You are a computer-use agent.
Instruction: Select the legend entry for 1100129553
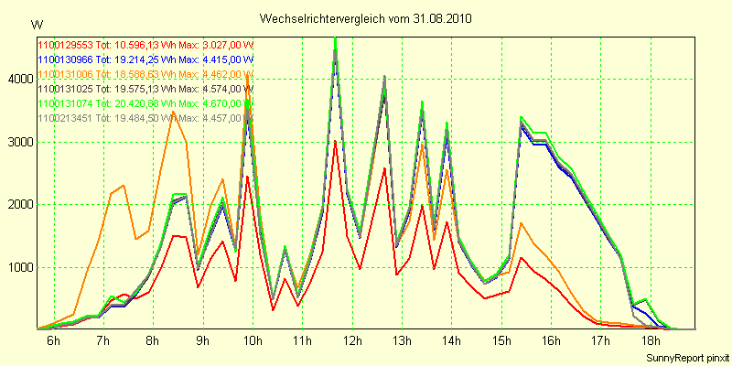[145, 43]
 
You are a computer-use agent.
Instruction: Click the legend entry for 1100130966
[145, 59]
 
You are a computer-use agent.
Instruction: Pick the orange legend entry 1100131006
[145, 73]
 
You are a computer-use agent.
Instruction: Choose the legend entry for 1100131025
[145, 89]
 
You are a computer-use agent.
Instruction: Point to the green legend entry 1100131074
[145, 103]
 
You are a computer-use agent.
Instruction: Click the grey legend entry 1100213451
[145, 118]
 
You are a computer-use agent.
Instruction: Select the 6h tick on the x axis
[53, 340]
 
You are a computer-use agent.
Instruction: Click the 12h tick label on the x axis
[351, 340]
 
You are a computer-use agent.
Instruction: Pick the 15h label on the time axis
[501, 340]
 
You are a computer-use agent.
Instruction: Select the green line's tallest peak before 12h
[336, 38]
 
